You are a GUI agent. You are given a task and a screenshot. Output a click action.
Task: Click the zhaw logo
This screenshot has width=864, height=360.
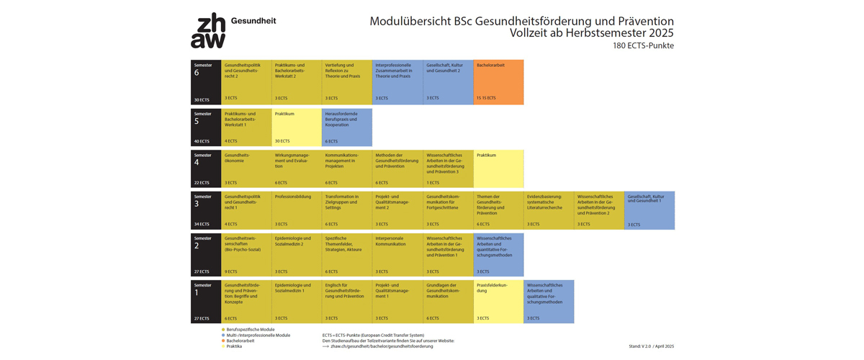pyautogui.click(x=207, y=32)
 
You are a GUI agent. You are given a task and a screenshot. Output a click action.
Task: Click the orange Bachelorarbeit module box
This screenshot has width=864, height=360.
pyautogui.click(x=498, y=82)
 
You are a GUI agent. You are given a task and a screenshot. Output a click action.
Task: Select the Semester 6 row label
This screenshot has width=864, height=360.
pyautogui.click(x=206, y=82)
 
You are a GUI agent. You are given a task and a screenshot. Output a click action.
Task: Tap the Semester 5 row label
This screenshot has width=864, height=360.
pyautogui.click(x=206, y=127)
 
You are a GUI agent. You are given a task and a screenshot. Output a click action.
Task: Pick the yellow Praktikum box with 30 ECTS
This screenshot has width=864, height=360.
pyautogui.click(x=297, y=127)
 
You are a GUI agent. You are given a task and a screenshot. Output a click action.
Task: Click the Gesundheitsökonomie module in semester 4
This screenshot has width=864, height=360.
pyautogui.click(x=246, y=169)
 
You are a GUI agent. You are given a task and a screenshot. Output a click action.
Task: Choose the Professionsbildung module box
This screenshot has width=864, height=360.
pyautogui.click(x=297, y=210)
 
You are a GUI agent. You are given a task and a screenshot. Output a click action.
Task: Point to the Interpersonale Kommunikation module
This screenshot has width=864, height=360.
pyautogui.click(x=397, y=254)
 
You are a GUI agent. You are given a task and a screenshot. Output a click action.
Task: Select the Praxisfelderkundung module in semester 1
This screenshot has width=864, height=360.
pyautogui.click(x=498, y=301)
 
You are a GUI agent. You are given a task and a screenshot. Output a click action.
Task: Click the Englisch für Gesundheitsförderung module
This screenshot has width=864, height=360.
pyautogui.click(x=347, y=301)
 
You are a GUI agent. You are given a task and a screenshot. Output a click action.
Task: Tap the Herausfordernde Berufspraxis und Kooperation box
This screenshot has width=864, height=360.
pyautogui.click(x=347, y=127)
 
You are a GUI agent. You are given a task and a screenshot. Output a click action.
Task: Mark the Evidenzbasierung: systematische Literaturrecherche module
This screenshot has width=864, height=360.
pyautogui.click(x=549, y=210)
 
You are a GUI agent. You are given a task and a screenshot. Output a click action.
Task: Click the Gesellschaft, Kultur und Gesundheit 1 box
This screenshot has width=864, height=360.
pyautogui.click(x=649, y=210)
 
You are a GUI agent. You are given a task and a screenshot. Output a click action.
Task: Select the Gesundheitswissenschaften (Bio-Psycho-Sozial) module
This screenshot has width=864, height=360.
pyautogui.click(x=246, y=254)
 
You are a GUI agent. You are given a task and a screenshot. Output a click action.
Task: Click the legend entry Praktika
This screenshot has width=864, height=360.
pyautogui.click(x=234, y=346)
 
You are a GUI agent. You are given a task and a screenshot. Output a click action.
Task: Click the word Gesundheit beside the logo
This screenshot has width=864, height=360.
pyautogui.click(x=253, y=22)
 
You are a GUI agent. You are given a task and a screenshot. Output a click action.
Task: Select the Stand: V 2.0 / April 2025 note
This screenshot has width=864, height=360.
pyautogui.click(x=651, y=346)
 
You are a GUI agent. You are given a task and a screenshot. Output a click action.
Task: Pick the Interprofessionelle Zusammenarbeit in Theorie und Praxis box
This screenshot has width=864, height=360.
pyautogui.click(x=397, y=82)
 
